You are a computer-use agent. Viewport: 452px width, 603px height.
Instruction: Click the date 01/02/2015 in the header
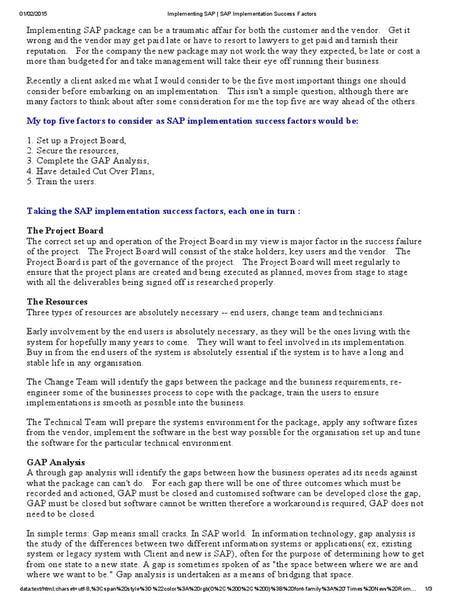34,14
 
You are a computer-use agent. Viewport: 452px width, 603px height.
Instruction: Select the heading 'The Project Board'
65,231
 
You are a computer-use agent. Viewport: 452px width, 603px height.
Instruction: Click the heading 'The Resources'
57,301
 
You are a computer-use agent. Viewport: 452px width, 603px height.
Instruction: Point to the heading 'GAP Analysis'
56,462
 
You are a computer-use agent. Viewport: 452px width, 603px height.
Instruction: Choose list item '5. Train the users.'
61,181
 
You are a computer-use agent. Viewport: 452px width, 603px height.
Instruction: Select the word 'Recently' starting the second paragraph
45,81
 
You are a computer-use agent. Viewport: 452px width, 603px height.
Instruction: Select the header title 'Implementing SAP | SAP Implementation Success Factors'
227,14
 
